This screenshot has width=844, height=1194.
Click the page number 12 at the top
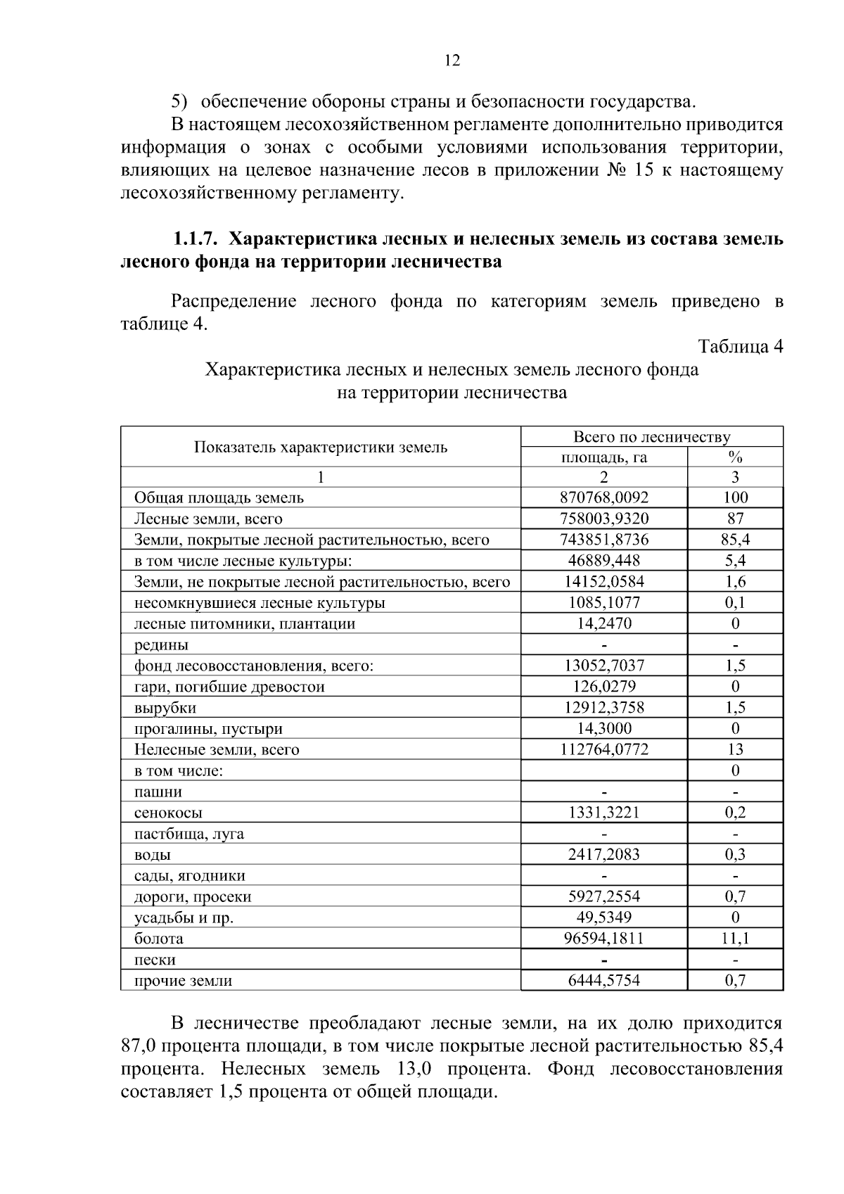click(x=452, y=61)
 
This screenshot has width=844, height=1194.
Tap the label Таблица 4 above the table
click(x=740, y=346)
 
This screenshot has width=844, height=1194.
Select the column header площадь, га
click(x=603, y=457)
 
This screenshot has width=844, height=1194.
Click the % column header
click(x=735, y=457)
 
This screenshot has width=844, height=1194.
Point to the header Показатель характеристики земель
click(x=321, y=447)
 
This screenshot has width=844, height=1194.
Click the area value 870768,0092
click(x=603, y=497)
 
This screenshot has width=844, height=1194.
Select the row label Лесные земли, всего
click(x=208, y=519)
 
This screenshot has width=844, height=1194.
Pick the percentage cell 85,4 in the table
click(x=735, y=540)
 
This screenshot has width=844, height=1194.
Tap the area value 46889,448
click(x=603, y=561)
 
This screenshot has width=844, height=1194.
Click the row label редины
click(x=161, y=644)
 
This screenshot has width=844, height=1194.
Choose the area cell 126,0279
click(x=603, y=686)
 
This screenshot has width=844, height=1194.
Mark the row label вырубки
click(x=165, y=708)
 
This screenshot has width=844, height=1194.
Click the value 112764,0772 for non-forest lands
click(x=603, y=749)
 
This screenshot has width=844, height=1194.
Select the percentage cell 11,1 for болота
click(x=735, y=938)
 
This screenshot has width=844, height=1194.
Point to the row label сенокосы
click(x=168, y=813)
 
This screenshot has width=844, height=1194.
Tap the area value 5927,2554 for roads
click(x=603, y=896)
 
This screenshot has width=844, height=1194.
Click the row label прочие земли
click(x=183, y=980)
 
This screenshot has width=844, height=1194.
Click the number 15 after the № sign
click(x=644, y=171)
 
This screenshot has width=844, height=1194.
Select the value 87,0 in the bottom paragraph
click(x=138, y=1046)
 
